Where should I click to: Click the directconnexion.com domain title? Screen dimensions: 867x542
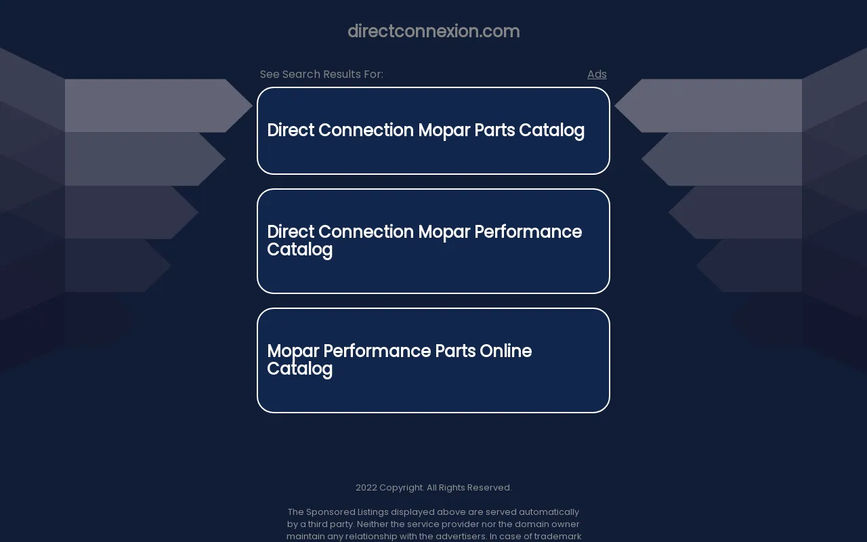pyautogui.click(x=433, y=31)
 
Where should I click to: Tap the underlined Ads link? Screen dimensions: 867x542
pyautogui.click(x=597, y=74)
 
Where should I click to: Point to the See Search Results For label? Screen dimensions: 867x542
pyautogui.click(x=321, y=74)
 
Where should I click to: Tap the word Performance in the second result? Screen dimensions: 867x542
pyautogui.click(x=528, y=232)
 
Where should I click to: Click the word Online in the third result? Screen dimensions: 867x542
pyautogui.click(x=505, y=351)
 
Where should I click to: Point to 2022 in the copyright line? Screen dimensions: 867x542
pyautogui.click(x=366, y=487)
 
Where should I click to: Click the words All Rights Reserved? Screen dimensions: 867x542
pyautogui.click(x=469, y=487)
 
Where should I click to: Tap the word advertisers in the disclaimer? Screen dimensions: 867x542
pyautogui.click(x=461, y=536)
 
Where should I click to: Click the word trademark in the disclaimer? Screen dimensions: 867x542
pyautogui.click(x=557, y=536)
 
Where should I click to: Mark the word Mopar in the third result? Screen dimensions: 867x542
pyautogui.click(x=293, y=352)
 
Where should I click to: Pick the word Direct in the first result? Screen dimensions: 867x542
pyautogui.click(x=291, y=130)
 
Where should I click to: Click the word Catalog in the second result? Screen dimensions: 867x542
pyautogui.click(x=299, y=250)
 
